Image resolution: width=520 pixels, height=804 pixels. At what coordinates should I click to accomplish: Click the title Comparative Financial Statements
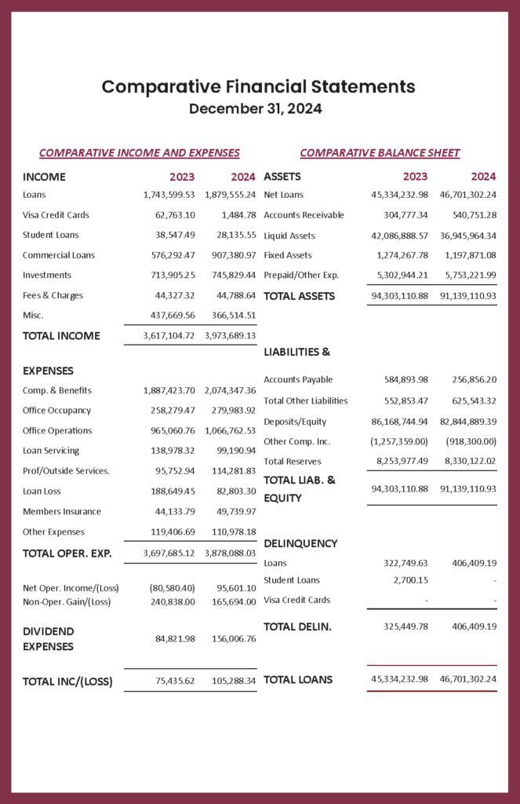coord(259,86)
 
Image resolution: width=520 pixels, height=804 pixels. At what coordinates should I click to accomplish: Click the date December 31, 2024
coord(256,109)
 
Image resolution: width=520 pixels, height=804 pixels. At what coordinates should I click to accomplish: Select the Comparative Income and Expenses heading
coord(139,153)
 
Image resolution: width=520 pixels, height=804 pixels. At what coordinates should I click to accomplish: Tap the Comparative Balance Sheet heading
coord(380,153)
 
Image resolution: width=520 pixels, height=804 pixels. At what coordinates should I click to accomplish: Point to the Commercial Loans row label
coord(58,255)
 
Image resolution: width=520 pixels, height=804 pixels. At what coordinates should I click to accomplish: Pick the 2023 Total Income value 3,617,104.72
coord(169,336)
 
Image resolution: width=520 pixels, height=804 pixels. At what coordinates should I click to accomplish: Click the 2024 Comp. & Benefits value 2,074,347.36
coord(230,390)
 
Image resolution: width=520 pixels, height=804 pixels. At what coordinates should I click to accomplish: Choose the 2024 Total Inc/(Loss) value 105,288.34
coord(234,682)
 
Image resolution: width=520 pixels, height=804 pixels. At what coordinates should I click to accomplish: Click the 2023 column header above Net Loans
coord(415,177)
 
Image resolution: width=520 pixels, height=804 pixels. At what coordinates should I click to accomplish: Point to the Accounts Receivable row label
coord(304,215)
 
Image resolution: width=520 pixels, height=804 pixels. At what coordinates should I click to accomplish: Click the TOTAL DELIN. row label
coord(297,627)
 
